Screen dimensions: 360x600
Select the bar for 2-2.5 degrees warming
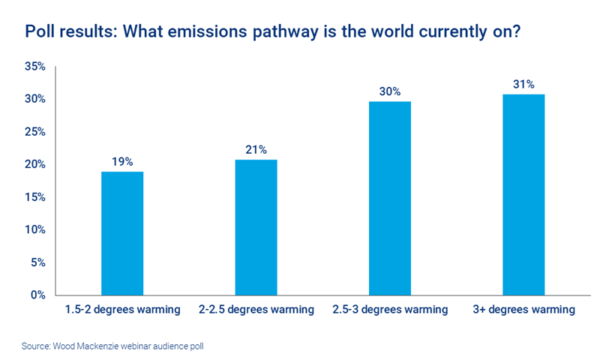point(256,226)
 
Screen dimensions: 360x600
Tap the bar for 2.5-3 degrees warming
point(389,197)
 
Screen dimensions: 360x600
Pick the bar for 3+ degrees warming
point(523,194)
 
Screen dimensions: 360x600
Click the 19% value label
point(122,161)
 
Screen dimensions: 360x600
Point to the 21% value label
point(256,149)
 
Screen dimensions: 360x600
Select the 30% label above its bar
point(389,91)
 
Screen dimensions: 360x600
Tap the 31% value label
point(523,84)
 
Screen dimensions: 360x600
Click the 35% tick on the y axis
point(34,67)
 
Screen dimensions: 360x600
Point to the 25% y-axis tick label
point(34,132)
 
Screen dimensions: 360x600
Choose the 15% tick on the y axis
point(34,197)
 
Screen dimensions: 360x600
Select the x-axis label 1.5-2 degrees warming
point(122,309)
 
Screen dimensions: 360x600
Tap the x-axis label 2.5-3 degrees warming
point(389,309)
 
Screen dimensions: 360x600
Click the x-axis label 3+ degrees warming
point(523,309)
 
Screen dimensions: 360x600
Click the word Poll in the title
point(40,32)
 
